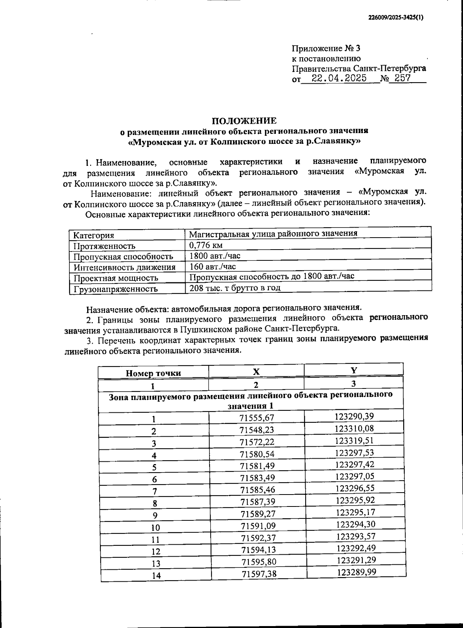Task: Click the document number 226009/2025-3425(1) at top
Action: [x=395, y=17]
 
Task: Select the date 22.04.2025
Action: [x=339, y=79]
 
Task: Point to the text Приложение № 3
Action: [x=326, y=49]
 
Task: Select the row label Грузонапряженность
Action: [x=115, y=289]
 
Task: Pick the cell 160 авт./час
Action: [x=213, y=267]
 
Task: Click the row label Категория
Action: [x=94, y=235]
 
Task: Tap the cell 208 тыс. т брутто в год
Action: [x=235, y=288]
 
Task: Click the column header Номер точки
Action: [x=153, y=373]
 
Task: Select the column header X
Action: [x=256, y=371]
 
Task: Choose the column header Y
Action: [x=353, y=370]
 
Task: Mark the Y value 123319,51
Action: [x=355, y=441]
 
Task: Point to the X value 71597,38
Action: [x=259, y=574]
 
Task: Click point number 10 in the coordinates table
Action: [x=155, y=527]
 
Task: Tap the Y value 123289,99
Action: [x=356, y=572]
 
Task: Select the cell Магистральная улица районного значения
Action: [x=273, y=233]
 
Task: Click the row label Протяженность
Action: [x=104, y=246]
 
